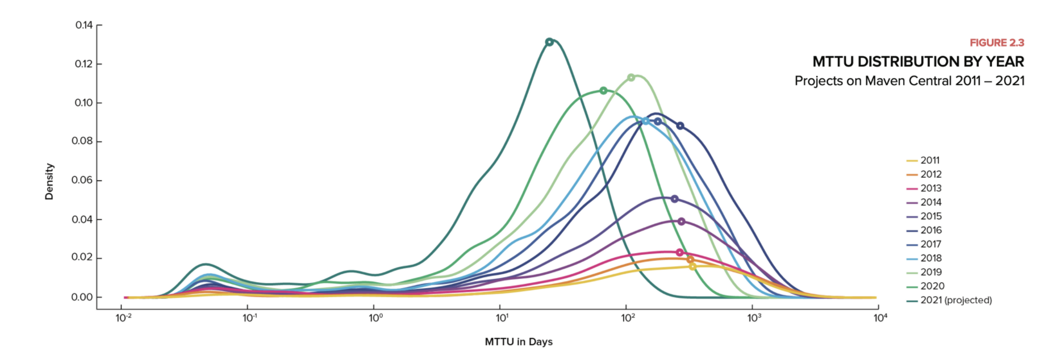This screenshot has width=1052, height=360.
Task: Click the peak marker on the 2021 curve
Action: (549, 42)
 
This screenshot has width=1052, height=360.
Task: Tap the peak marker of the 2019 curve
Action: (631, 77)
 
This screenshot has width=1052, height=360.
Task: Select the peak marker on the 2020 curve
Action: (603, 91)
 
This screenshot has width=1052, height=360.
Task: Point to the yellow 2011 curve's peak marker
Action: (692, 266)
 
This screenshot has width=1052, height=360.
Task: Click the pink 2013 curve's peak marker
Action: (679, 253)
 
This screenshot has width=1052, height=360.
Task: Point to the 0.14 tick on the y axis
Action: (84, 25)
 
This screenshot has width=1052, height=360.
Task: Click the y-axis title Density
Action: (49, 181)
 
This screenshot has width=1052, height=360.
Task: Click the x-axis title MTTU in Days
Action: (519, 342)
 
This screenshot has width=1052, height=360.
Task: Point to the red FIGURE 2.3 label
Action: (996, 43)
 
